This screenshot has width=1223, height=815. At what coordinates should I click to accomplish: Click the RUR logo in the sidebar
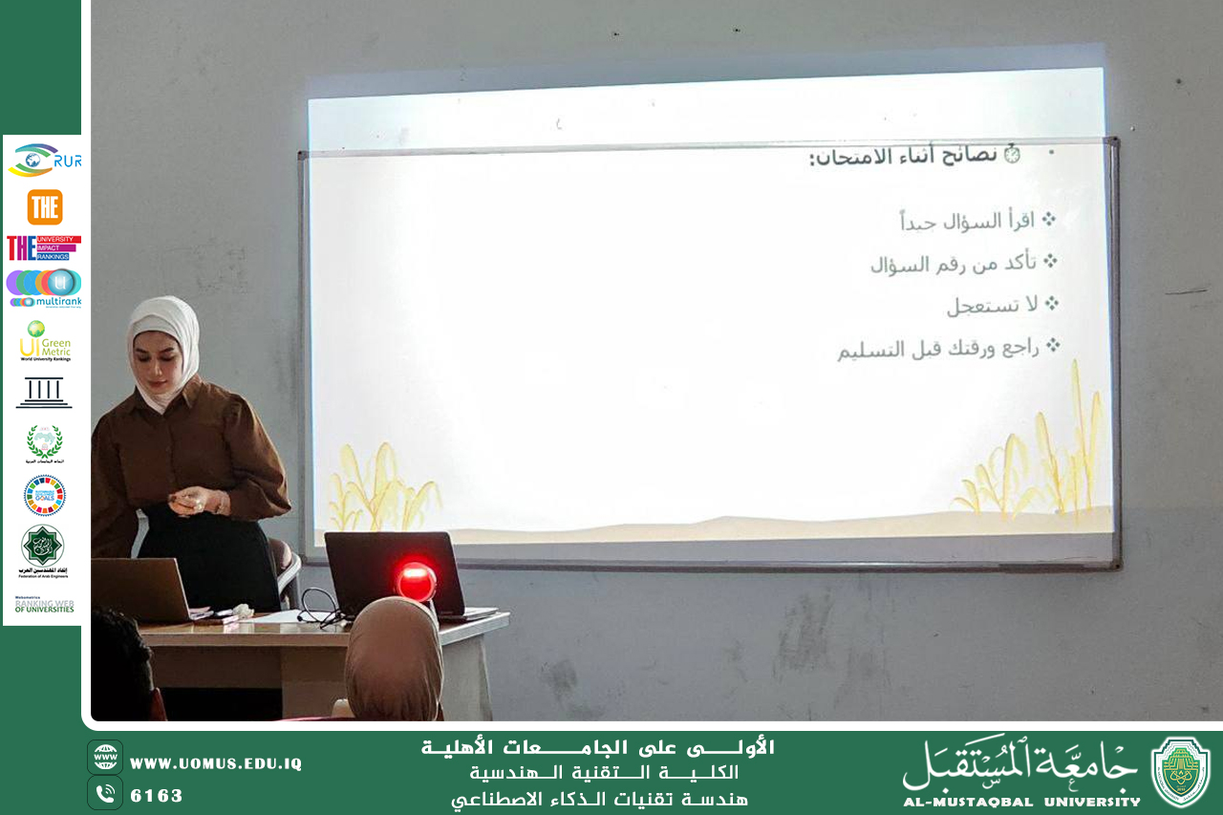[x=44, y=161]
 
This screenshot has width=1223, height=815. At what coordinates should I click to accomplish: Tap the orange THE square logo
[x=44, y=206]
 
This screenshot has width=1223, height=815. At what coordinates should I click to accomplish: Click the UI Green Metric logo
[x=44, y=341]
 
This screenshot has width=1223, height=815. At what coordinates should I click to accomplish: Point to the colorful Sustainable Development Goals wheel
[x=44, y=495]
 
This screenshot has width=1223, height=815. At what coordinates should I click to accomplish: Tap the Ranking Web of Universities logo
[x=44, y=605]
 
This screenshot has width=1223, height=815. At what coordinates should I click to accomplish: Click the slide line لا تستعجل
[x=992, y=305]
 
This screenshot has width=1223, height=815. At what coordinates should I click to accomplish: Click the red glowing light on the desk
[x=417, y=580]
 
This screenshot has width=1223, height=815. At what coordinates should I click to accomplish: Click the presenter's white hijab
[x=165, y=330]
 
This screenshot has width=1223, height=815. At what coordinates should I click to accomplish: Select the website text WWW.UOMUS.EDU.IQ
[x=216, y=763]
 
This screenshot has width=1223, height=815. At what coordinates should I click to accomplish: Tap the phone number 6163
[x=157, y=796]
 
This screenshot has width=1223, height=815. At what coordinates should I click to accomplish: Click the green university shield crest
[x=1180, y=772]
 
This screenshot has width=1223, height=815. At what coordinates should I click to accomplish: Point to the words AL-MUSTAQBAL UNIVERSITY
[x=1021, y=802]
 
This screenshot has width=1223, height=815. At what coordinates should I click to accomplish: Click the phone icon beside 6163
[x=105, y=793]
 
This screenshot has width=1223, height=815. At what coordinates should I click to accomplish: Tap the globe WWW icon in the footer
[x=105, y=757]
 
